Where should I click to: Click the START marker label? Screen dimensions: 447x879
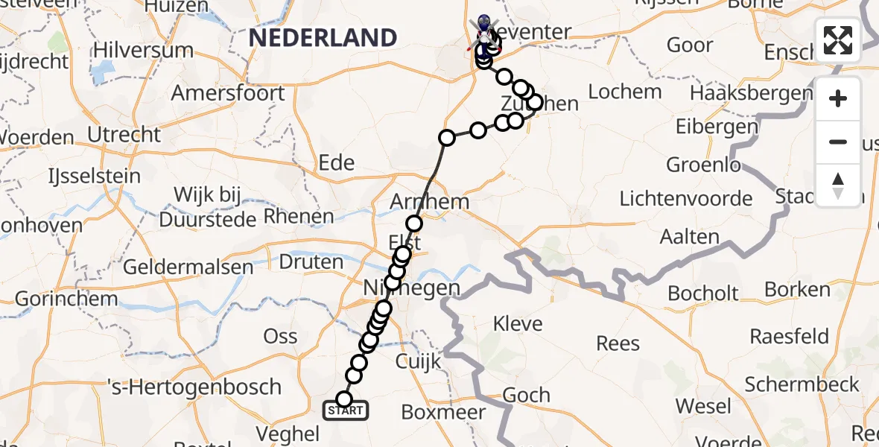(x=345, y=410)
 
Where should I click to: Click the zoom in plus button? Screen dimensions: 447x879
(x=838, y=98)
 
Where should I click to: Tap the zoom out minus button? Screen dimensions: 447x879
(x=838, y=142)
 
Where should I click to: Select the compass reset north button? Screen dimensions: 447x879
(x=838, y=185)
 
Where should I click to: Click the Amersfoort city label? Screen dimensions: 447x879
(x=228, y=93)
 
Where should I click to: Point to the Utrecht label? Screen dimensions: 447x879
(x=124, y=135)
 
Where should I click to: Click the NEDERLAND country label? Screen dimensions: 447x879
(x=323, y=37)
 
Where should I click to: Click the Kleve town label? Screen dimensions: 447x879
(x=519, y=324)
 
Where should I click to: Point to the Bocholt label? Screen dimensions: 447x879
(x=702, y=293)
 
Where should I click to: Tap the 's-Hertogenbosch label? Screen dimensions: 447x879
(x=194, y=387)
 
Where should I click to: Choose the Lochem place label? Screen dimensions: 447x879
(x=625, y=92)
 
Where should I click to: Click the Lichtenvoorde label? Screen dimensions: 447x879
(x=686, y=199)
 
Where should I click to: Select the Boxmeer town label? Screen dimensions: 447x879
(x=443, y=411)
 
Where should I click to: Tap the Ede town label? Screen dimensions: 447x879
(x=336, y=162)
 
